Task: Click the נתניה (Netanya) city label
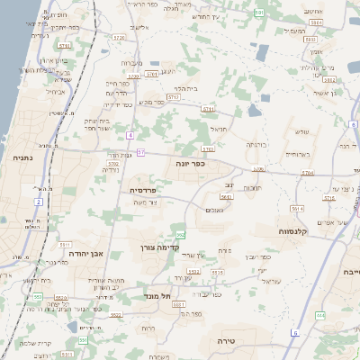[21, 157]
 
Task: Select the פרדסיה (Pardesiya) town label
[144, 190]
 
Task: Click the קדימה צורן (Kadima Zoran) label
[161, 247]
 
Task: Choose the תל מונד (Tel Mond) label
[156, 294]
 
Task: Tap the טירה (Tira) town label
[231, 342]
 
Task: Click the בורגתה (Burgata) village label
[256, 143]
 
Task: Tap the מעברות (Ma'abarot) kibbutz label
[130, 62]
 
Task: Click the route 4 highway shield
[130, 135]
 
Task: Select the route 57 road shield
[140, 152]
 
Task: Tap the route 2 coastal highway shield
[38, 202]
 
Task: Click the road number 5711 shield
[209, 108]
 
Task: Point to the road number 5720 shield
[120, 37]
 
